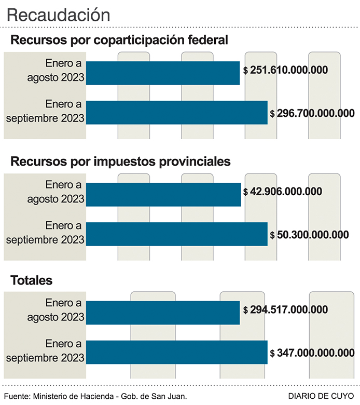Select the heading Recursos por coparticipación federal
point(119,40)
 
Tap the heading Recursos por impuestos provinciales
point(120,161)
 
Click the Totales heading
point(32,281)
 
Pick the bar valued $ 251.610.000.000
point(162,73)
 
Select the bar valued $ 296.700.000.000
point(176,113)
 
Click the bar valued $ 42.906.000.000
point(163,194)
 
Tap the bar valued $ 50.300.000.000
point(176,234)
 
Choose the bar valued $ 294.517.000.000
point(162,313)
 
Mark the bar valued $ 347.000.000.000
point(176,353)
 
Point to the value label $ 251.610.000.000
point(285,70)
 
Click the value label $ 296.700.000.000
point(312,113)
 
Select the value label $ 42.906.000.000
point(282,191)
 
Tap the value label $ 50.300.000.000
point(309,234)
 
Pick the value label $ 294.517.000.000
point(285,310)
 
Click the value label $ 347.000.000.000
point(312,353)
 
